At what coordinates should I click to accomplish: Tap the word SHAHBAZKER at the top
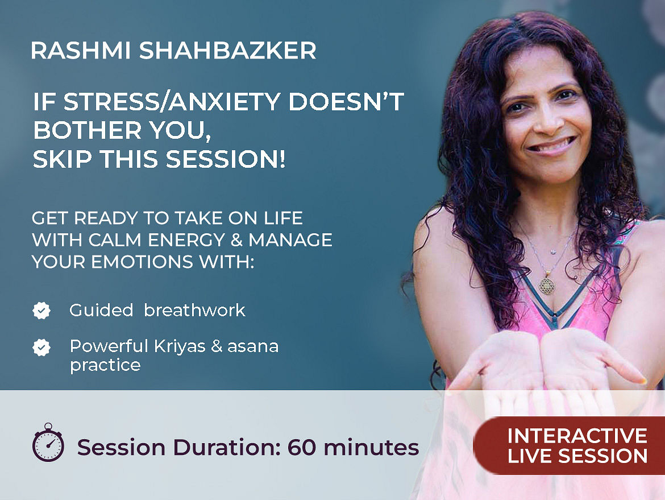[x=228, y=51]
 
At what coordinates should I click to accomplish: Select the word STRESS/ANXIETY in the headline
[x=156, y=102]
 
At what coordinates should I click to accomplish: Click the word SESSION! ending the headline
[x=225, y=159]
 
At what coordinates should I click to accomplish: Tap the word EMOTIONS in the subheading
[x=142, y=262]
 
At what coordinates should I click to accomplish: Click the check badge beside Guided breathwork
[x=41, y=311]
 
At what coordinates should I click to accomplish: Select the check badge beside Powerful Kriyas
[x=41, y=347]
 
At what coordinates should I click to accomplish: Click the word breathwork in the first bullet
[x=194, y=310]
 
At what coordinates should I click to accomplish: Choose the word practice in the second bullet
[x=105, y=365]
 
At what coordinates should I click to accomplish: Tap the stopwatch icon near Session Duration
[x=48, y=443]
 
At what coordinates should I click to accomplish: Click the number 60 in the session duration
[x=302, y=447]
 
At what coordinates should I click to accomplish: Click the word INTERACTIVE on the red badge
[x=577, y=436]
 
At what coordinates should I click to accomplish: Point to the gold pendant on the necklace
[x=547, y=285]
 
